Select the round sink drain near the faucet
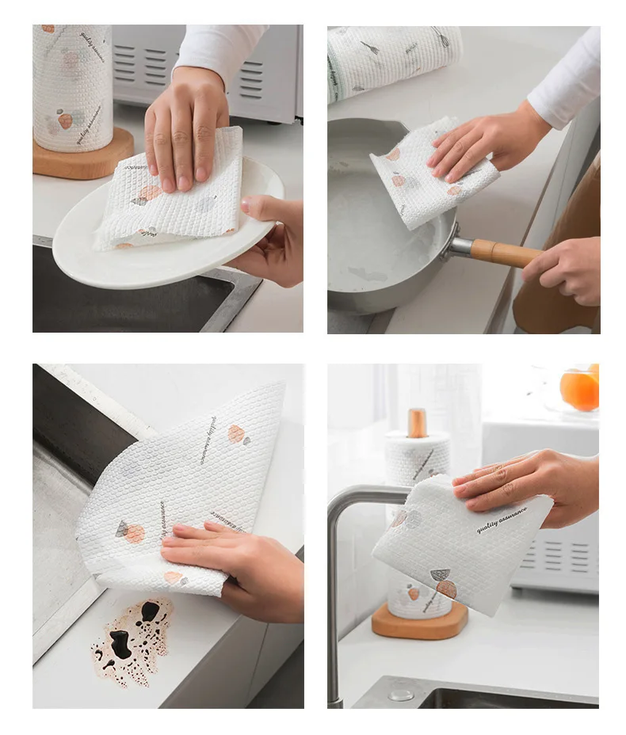(401, 695)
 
